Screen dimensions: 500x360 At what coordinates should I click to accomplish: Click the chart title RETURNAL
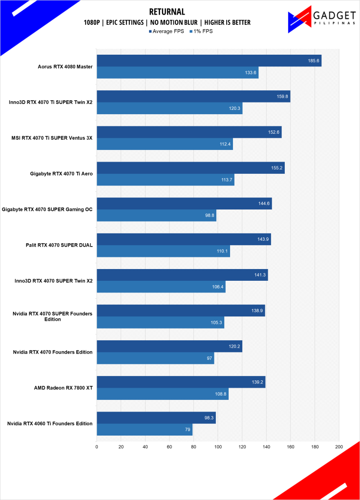click(x=168, y=12)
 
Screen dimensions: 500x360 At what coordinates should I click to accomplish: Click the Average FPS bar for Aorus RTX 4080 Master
click(x=209, y=61)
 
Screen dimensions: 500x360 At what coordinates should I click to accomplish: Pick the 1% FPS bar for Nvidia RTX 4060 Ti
click(x=145, y=430)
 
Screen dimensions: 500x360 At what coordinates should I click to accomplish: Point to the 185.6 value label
click(x=314, y=61)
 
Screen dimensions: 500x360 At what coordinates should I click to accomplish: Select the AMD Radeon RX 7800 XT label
click(x=64, y=388)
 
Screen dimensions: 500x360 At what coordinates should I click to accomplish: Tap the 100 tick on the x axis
click(x=218, y=446)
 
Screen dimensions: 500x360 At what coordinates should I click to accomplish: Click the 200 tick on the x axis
click(x=339, y=446)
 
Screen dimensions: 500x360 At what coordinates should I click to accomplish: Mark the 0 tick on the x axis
click(x=97, y=446)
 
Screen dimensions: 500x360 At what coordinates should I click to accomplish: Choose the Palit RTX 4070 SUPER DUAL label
click(x=59, y=245)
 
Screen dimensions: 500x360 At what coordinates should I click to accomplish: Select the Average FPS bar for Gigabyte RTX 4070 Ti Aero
click(x=191, y=167)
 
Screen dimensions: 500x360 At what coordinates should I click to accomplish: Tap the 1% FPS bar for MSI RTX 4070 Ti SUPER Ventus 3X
click(x=165, y=144)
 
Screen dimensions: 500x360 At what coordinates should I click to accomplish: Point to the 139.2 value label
click(x=257, y=382)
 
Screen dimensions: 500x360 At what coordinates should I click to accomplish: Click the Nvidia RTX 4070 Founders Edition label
click(x=54, y=352)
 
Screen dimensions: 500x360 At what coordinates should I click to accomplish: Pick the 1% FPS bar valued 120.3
click(x=169, y=108)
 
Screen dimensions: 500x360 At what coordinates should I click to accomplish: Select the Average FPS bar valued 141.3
click(x=182, y=275)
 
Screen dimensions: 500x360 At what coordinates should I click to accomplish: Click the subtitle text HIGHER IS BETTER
click(x=227, y=22)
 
